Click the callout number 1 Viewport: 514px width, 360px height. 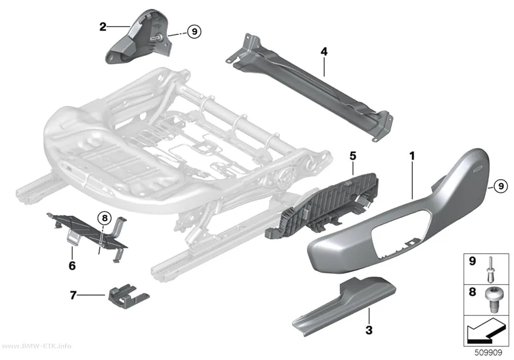[412, 156]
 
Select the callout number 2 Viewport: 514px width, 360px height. [103, 26]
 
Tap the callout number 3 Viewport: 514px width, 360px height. [369, 330]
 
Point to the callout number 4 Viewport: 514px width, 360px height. [324, 51]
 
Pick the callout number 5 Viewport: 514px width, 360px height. [353, 156]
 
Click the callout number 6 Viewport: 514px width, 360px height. [72, 265]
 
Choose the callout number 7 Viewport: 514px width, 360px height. [73, 295]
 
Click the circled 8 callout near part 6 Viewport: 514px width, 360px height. [105, 217]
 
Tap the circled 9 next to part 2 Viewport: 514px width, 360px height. [194, 31]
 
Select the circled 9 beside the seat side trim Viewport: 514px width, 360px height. [501, 186]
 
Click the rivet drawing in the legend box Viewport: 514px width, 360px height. [489, 269]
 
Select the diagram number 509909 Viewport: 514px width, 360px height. [489, 353]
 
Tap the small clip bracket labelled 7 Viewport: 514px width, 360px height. [128, 296]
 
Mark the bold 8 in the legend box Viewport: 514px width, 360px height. [472, 291]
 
